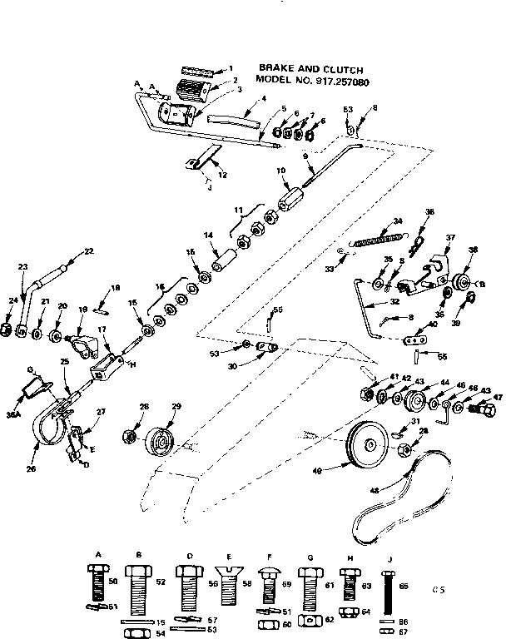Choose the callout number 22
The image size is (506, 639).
89,251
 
